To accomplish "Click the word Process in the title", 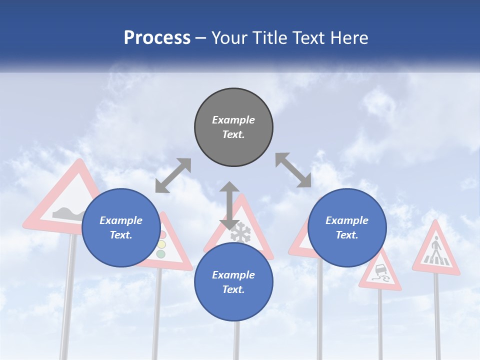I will click(157, 37).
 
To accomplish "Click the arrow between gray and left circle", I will click(173, 175).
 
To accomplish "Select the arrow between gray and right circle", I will click(293, 170).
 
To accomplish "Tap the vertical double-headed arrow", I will click(229, 205).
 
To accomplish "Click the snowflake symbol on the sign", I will click(240, 232).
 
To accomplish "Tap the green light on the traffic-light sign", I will click(160, 254).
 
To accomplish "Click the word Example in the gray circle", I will click(233, 120).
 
